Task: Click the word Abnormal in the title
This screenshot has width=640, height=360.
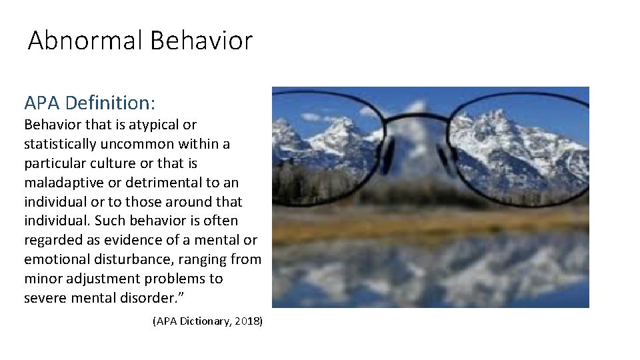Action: pos(85,41)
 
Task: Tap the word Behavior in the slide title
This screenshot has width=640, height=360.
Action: pos(201,41)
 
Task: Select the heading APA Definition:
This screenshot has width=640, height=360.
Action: pos(89,103)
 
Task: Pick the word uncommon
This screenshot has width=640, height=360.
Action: pos(146,144)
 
